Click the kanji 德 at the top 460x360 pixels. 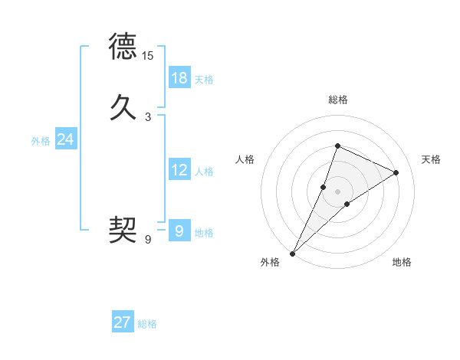click(123, 46)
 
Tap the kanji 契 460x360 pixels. click(123, 230)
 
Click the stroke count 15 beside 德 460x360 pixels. click(148, 56)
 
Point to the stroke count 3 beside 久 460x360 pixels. click(148, 117)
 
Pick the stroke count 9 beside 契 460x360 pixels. click(148, 240)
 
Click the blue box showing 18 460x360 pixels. click(179, 78)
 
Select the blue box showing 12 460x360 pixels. click(179, 170)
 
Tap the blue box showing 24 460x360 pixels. click(66, 139)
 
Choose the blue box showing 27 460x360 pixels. click(123, 322)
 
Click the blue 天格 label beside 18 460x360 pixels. click(204, 80)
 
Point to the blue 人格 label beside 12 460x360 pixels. click(204, 172)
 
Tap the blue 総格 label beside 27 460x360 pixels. click(147, 324)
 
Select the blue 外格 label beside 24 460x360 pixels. click(41, 141)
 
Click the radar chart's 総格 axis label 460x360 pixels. click(337, 100)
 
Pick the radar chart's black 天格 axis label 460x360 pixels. click(432, 159)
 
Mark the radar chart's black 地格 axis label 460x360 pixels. click(402, 262)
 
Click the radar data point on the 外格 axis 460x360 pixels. click(292, 253)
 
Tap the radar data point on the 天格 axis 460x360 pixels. click(396, 172)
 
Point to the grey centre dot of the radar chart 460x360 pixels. click(337, 191)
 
